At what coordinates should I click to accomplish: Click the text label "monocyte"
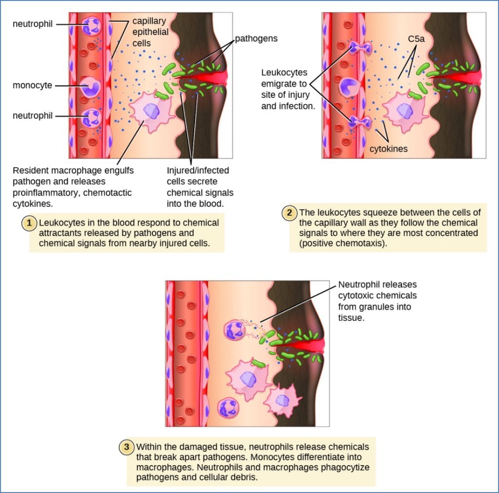coord(32,85)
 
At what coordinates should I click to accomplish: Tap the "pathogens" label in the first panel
coord(256,38)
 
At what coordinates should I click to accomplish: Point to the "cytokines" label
coord(388,149)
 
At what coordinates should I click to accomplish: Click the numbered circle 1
coord(30,223)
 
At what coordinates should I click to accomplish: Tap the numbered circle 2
coord(290,213)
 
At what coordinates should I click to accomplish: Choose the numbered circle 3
coord(127,447)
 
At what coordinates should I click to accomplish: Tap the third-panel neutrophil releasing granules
coord(235,330)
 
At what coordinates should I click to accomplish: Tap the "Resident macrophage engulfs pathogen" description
coord(73,181)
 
